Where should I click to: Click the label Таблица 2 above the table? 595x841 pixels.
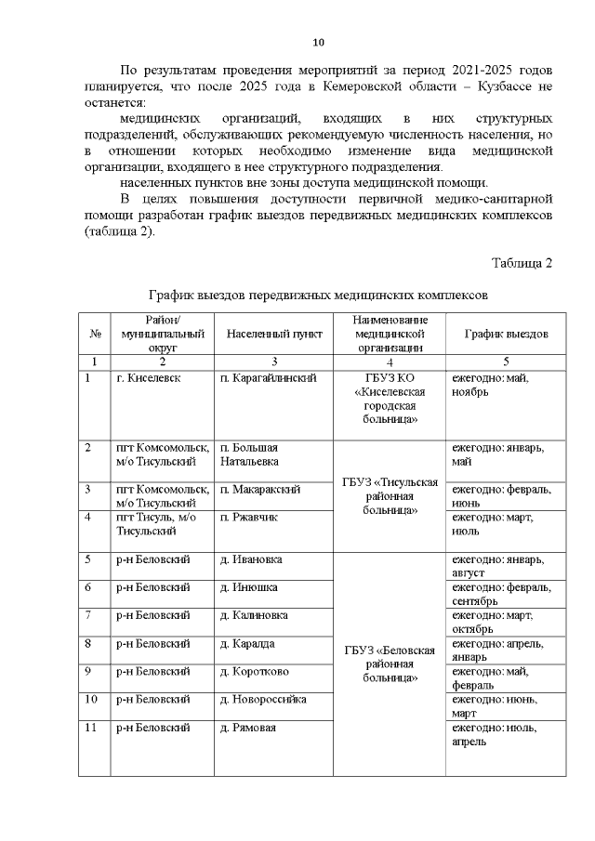[522, 263]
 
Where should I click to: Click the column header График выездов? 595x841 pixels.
[506, 334]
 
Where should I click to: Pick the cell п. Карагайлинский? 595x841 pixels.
[269, 378]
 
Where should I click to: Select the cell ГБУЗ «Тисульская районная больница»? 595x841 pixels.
[390, 496]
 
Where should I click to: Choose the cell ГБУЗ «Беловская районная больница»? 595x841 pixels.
[390, 664]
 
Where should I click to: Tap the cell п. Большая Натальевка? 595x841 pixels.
[249, 454]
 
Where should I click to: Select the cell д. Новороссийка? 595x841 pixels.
[263, 698]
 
